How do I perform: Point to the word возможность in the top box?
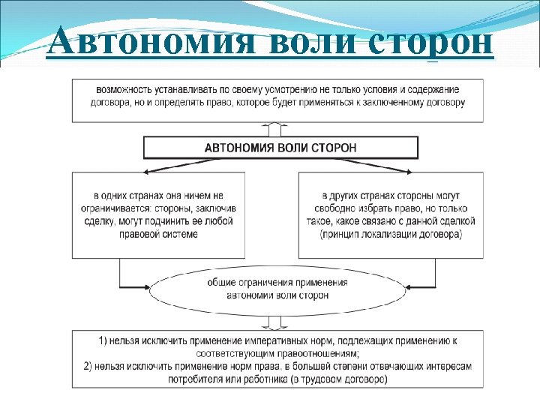point(118,90)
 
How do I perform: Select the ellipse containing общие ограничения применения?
point(277,289)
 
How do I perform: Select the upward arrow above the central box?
point(277,127)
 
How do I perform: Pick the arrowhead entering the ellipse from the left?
point(148,288)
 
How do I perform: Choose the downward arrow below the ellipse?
point(277,323)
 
